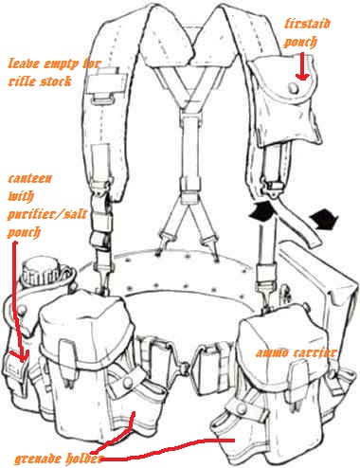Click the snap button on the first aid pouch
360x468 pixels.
[x=294, y=87]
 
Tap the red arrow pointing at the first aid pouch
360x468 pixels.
[x=302, y=66]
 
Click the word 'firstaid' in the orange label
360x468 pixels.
[x=307, y=24]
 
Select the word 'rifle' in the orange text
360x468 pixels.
[x=22, y=81]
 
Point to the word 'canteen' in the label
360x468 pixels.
[x=29, y=178]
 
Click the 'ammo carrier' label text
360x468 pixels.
[x=297, y=352]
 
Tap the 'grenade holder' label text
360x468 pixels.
[x=59, y=459]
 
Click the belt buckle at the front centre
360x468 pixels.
[x=184, y=368]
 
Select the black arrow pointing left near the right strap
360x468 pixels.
[x=324, y=219]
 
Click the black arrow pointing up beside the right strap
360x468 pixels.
[x=261, y=210]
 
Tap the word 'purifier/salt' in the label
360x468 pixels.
[x=46, y=215]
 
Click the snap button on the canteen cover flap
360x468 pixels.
[x=22, y=310]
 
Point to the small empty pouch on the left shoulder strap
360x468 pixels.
[x=107, y=84]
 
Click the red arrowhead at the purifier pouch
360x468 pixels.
[x=22, y=356]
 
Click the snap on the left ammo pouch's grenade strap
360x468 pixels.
[x=128, y=382]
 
